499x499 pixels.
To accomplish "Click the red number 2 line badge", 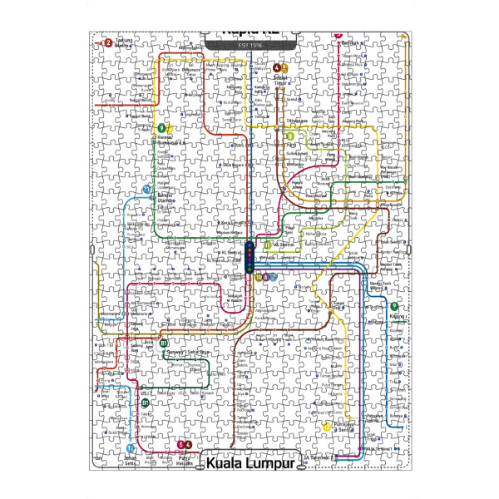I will [107, 42].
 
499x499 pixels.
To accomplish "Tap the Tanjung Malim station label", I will [124, 42].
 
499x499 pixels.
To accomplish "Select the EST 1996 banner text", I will [249, 43].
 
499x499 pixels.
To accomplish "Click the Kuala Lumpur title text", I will [250, 462].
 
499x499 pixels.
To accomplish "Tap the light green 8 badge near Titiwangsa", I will [290, 136].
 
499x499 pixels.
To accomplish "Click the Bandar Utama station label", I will [169, 197].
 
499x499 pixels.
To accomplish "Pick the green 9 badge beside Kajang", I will [393, 307].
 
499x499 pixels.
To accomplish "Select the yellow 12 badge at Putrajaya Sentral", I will [327, 427].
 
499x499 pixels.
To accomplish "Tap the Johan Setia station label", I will [131, 460].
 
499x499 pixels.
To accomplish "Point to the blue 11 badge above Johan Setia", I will [130, 448].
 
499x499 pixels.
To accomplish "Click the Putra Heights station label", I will [185, 459].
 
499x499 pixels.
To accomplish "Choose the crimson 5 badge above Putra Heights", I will [181, 445].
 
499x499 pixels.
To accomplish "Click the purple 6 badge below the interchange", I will [265, 277].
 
